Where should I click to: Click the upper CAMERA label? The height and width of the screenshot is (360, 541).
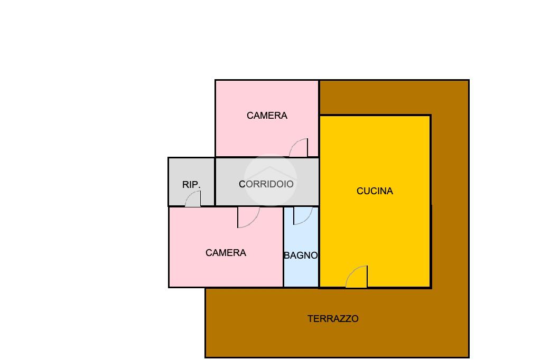click(x=267, y=116)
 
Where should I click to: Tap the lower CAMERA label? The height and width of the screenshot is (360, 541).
click(x=226, y=253)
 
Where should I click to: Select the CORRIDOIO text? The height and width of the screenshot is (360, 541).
click(x=266, y=184)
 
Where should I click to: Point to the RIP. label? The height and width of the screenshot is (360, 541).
click(x=191, y=185)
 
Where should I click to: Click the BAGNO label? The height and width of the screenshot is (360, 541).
click(x=301, y=255)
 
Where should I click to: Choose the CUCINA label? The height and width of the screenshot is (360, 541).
click(x=375, y=191)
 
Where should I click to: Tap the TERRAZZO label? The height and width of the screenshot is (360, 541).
click(x=333, y=319)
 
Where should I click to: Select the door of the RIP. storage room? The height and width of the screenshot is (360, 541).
click(x=193, y=199)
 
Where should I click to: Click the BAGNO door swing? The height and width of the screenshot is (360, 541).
click(x=303, y=215)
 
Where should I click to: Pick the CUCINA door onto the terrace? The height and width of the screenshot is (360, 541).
click(x=357, y=277)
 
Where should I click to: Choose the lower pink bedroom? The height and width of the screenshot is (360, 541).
click(x=211, y=272)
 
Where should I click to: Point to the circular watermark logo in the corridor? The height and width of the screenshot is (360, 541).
click(x=270, y=179)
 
